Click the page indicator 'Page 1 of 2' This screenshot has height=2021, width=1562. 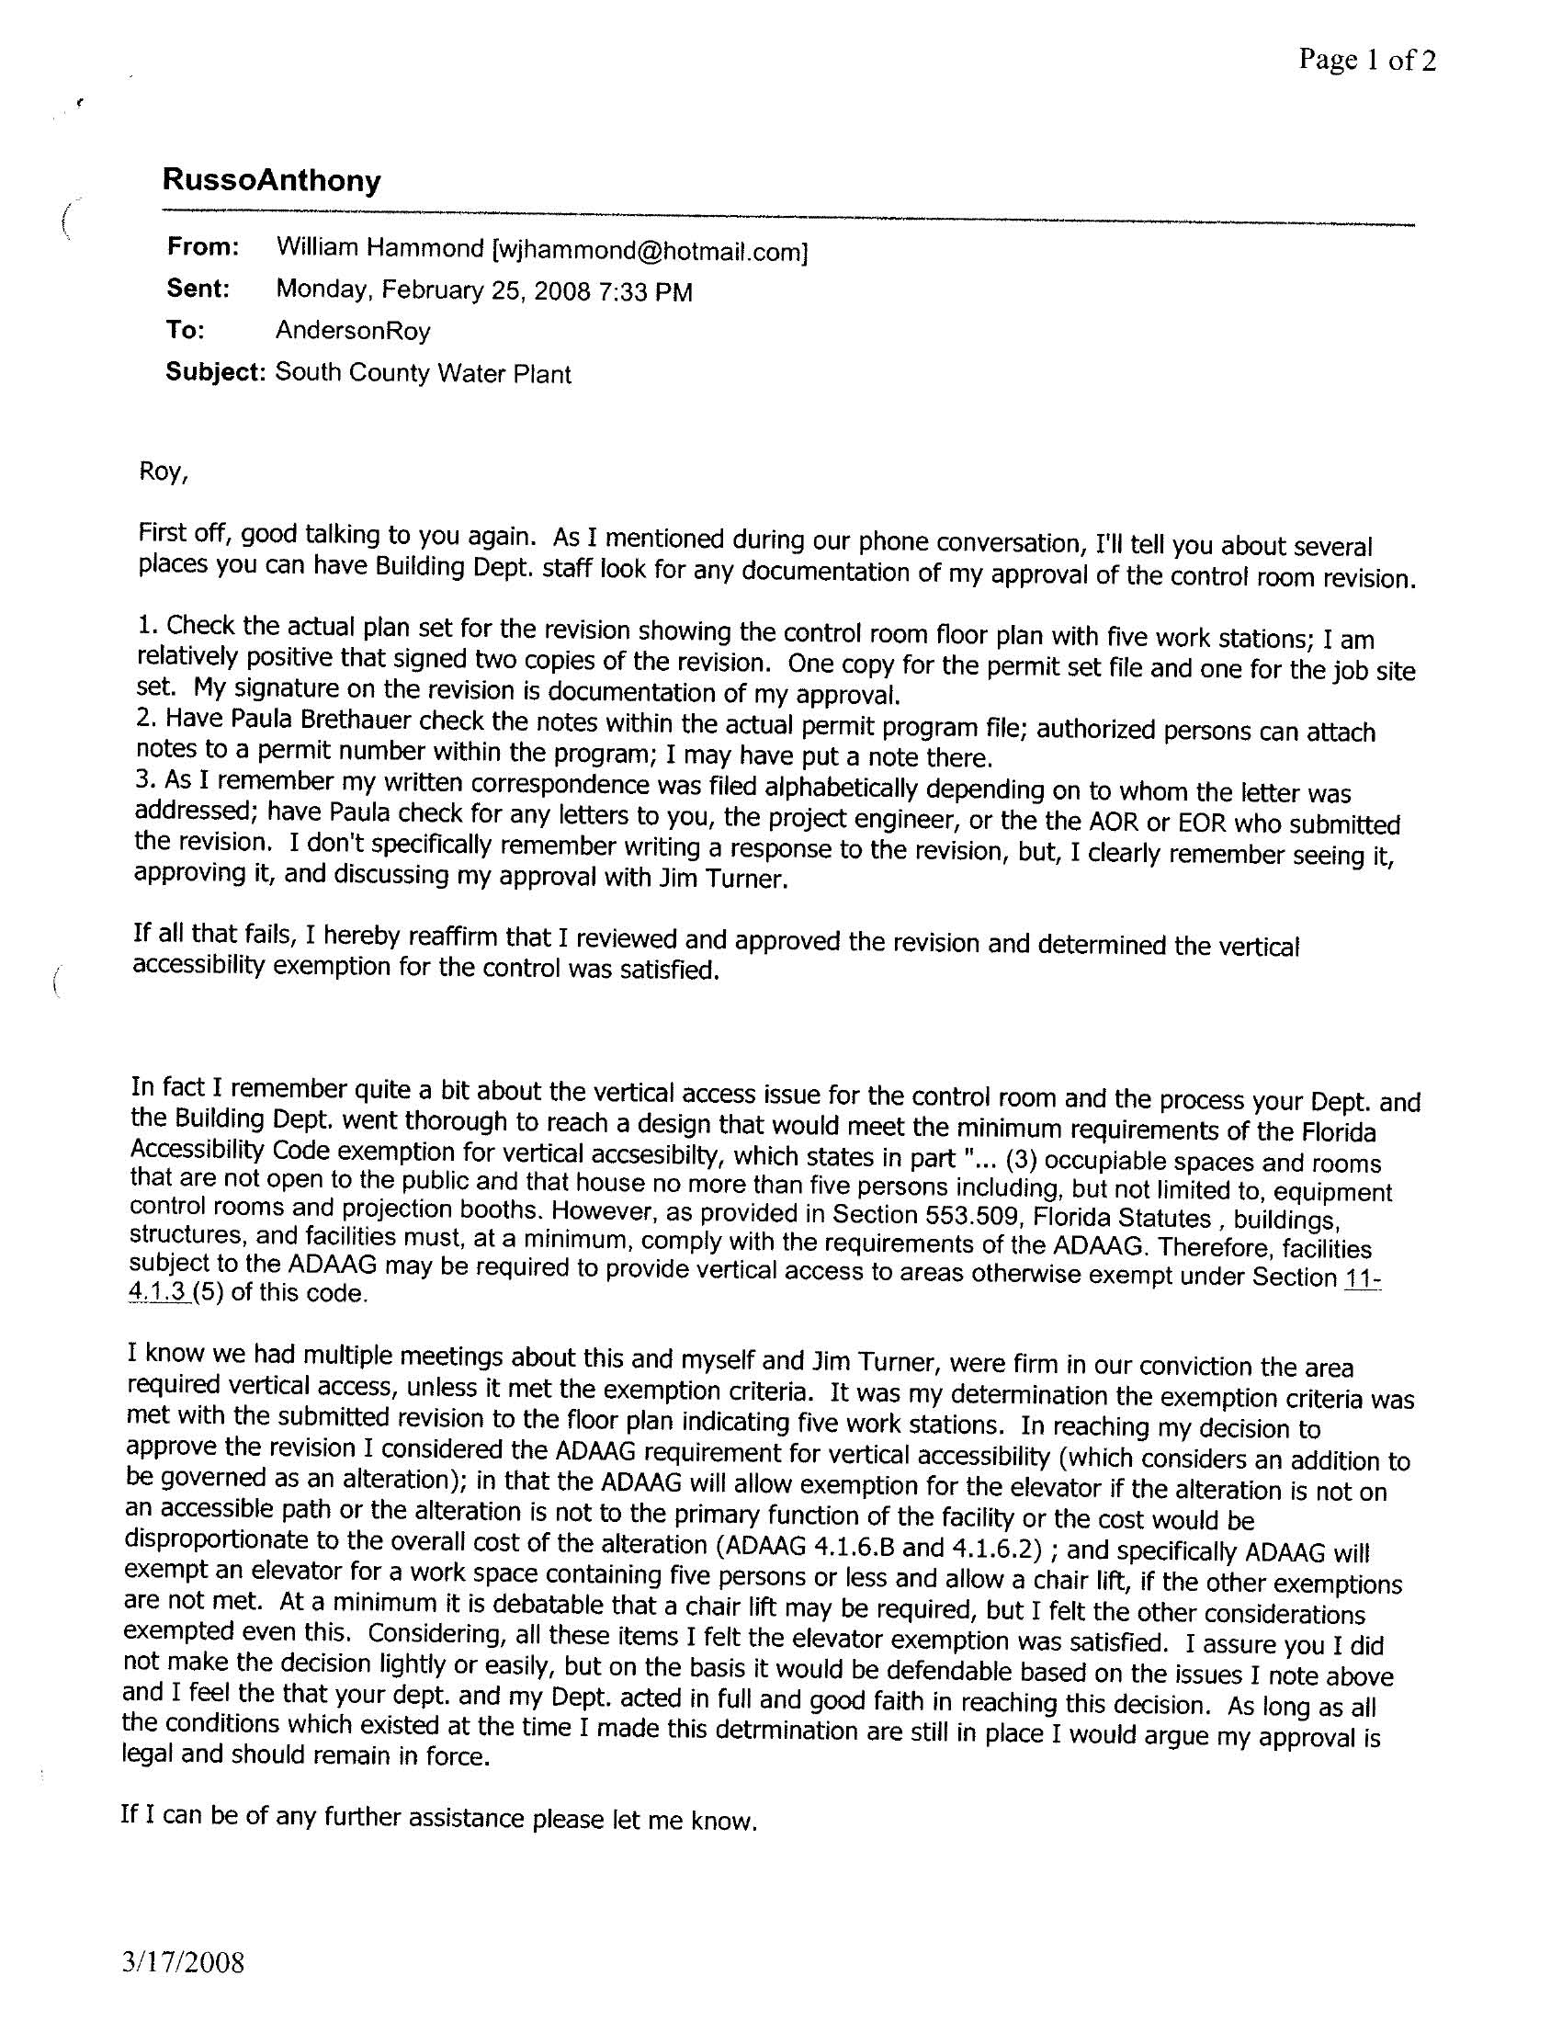point(1367,61)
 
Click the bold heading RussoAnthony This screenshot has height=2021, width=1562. point(271,179)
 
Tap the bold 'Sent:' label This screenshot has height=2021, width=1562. point(198,289)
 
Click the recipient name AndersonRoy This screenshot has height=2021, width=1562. point(353,330)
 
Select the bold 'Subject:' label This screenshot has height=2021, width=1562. point(216,372)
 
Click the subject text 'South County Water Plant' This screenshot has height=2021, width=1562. point(423,373)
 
